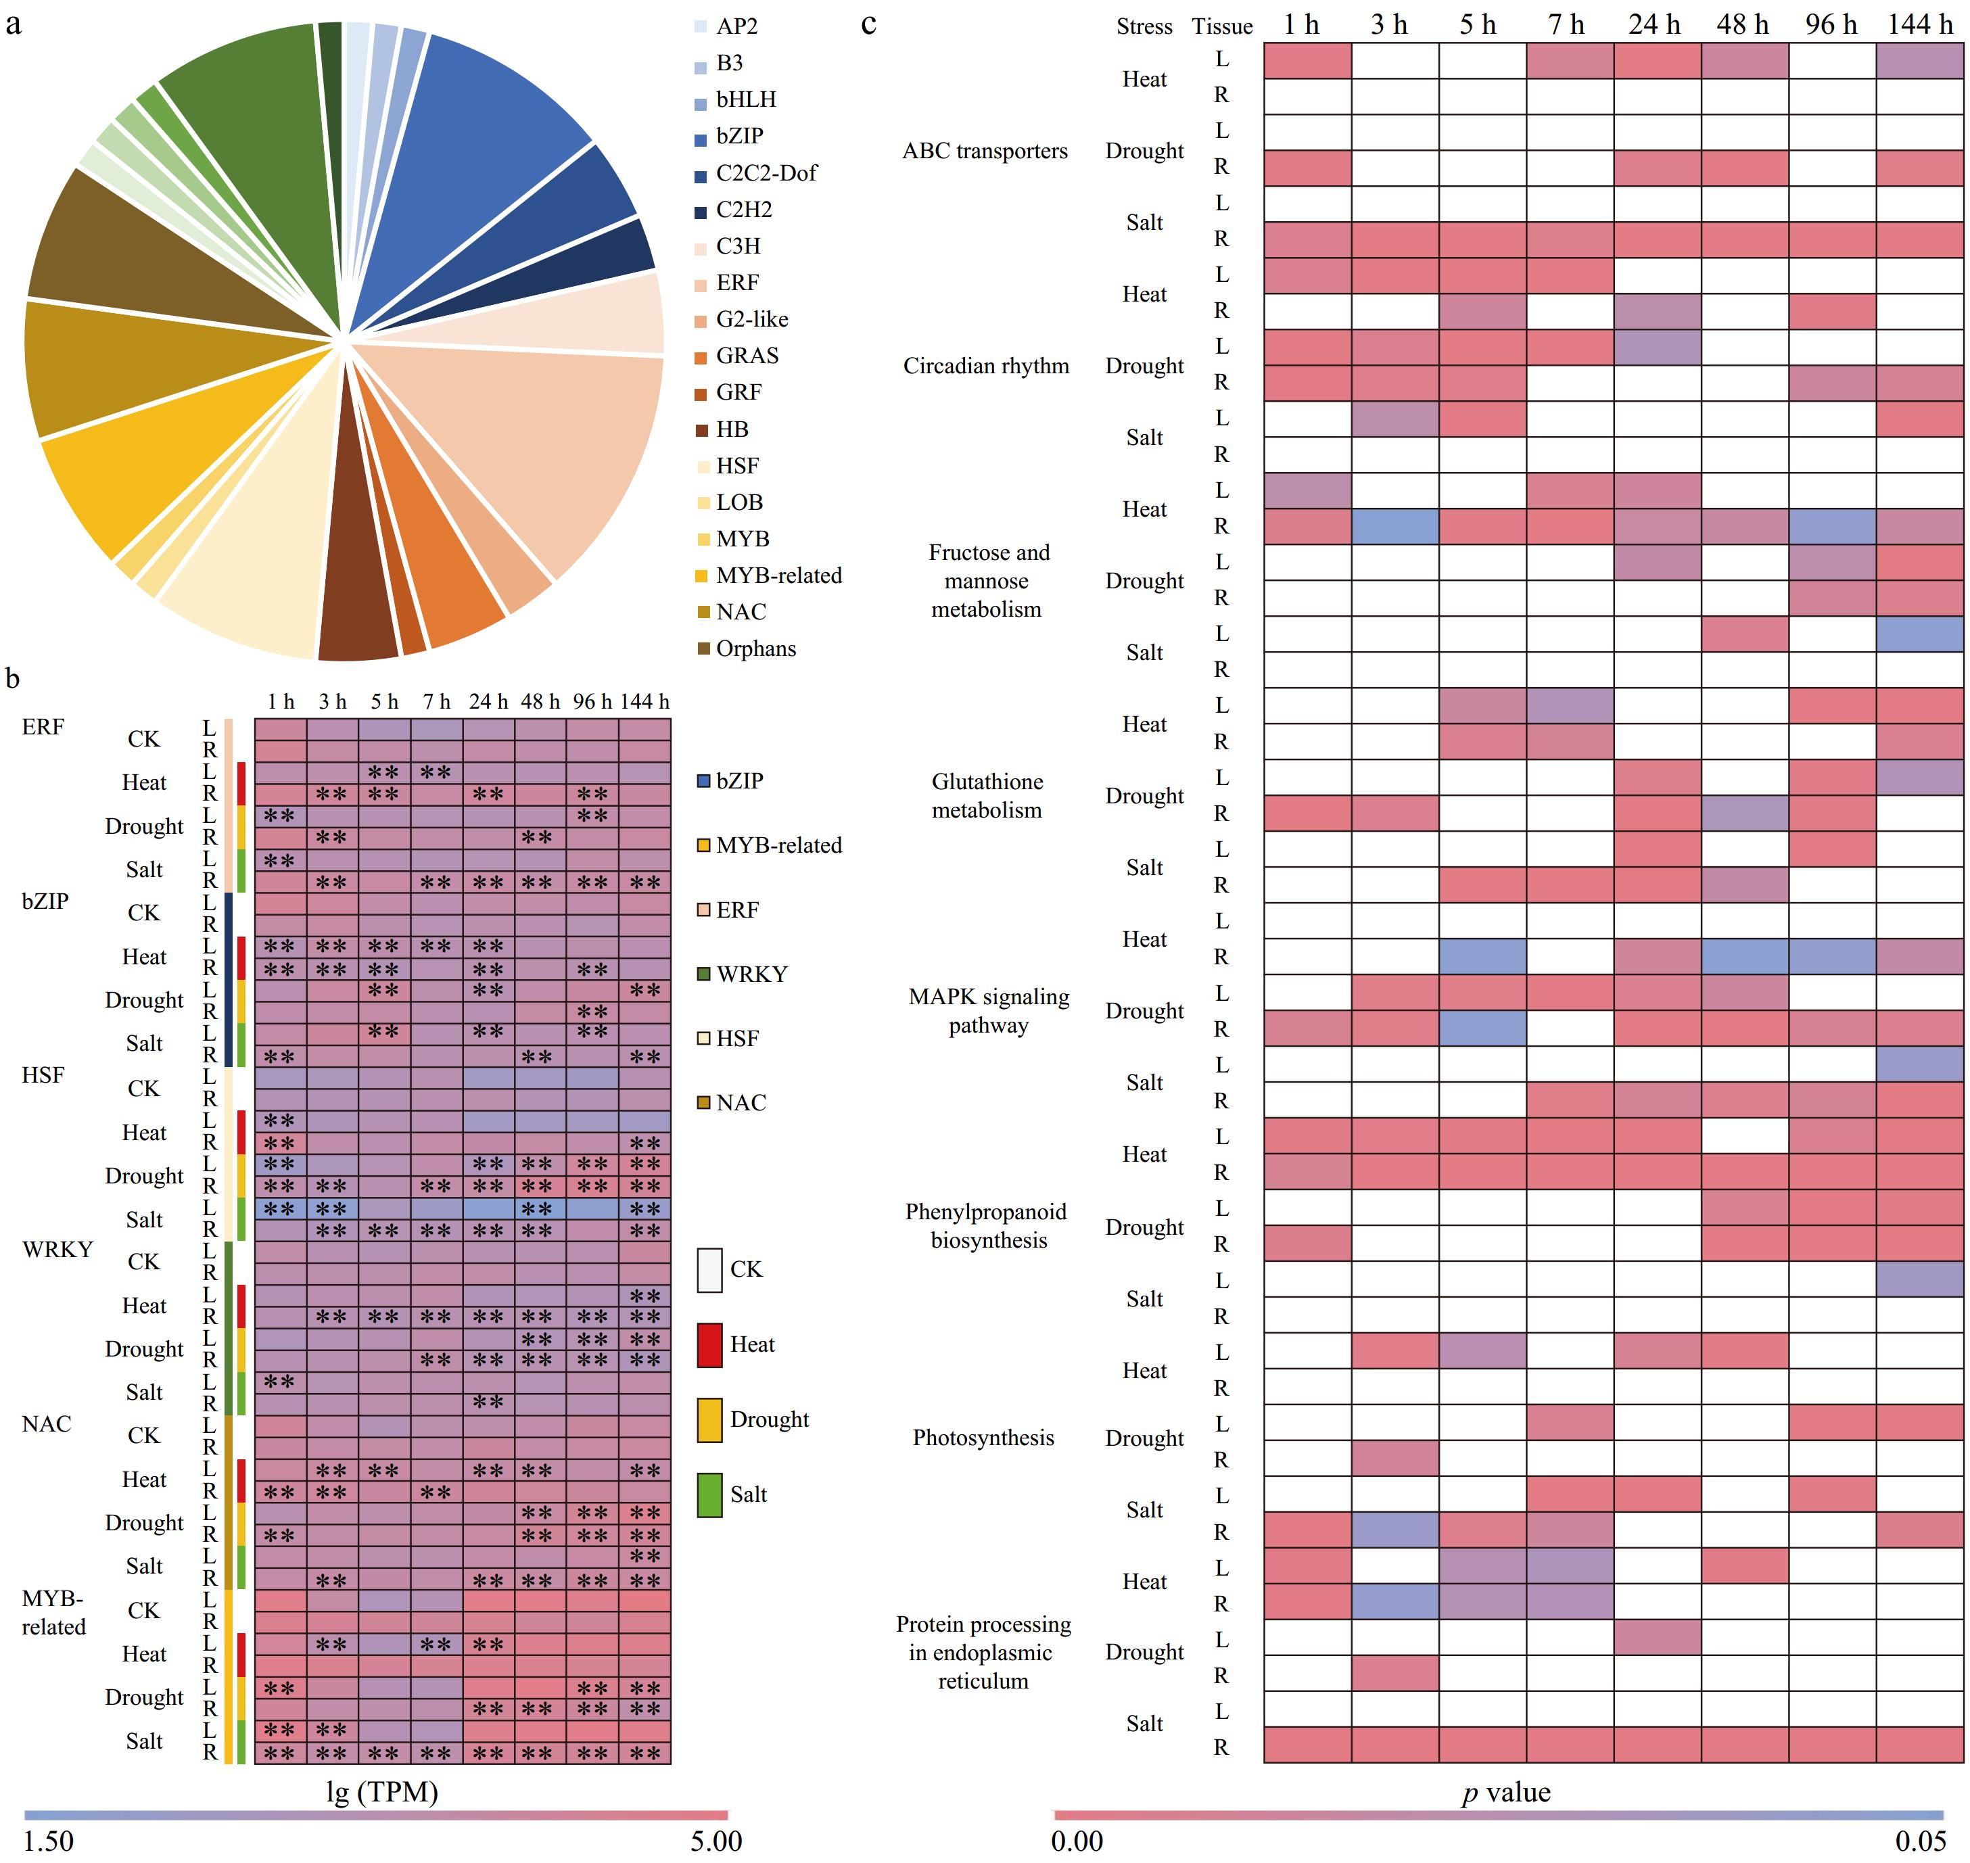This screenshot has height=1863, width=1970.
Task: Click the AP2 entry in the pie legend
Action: click(736, 27)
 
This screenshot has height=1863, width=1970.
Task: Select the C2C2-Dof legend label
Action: click(766, 173)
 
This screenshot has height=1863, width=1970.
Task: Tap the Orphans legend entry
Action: click(755, 648)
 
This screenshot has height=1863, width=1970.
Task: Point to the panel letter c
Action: click(869, 23)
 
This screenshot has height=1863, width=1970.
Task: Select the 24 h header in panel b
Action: click(488, 702)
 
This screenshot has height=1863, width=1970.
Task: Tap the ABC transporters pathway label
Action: click(985, 151)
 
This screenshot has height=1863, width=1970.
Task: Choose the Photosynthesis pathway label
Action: click(983, 1437)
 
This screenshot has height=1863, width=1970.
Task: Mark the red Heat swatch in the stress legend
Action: click(709, 1344)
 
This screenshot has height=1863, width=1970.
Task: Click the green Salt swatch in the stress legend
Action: click(709, 1494)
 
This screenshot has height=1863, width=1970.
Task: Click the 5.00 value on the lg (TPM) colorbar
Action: click(716, 1841)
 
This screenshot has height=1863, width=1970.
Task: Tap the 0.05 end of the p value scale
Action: click(1921, 1841)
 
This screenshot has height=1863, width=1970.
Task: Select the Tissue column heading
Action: click(1222, 26)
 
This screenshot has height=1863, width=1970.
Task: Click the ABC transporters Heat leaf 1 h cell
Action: click(1307, 60)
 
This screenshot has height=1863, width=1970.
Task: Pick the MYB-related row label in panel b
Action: click(53, 1611)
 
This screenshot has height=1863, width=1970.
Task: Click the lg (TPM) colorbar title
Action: click(382, 1793)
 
